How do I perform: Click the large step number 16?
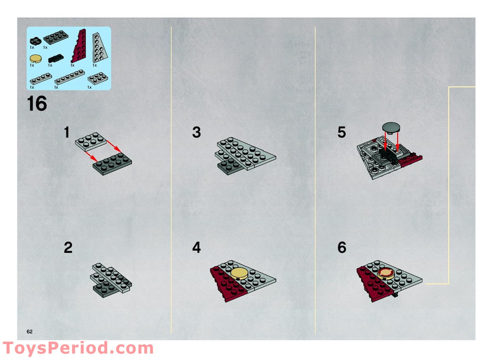37,104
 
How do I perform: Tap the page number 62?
30,332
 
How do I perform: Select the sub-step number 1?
67,133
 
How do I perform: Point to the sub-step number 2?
68,248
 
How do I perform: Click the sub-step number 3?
196,133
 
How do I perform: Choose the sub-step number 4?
196,248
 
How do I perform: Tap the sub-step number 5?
342,133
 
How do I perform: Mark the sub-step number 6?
342,248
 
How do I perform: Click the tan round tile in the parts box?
35,58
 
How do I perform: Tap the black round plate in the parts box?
35,40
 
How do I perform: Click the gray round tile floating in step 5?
391,126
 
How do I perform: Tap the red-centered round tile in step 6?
386,273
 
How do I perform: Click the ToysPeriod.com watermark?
78,348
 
